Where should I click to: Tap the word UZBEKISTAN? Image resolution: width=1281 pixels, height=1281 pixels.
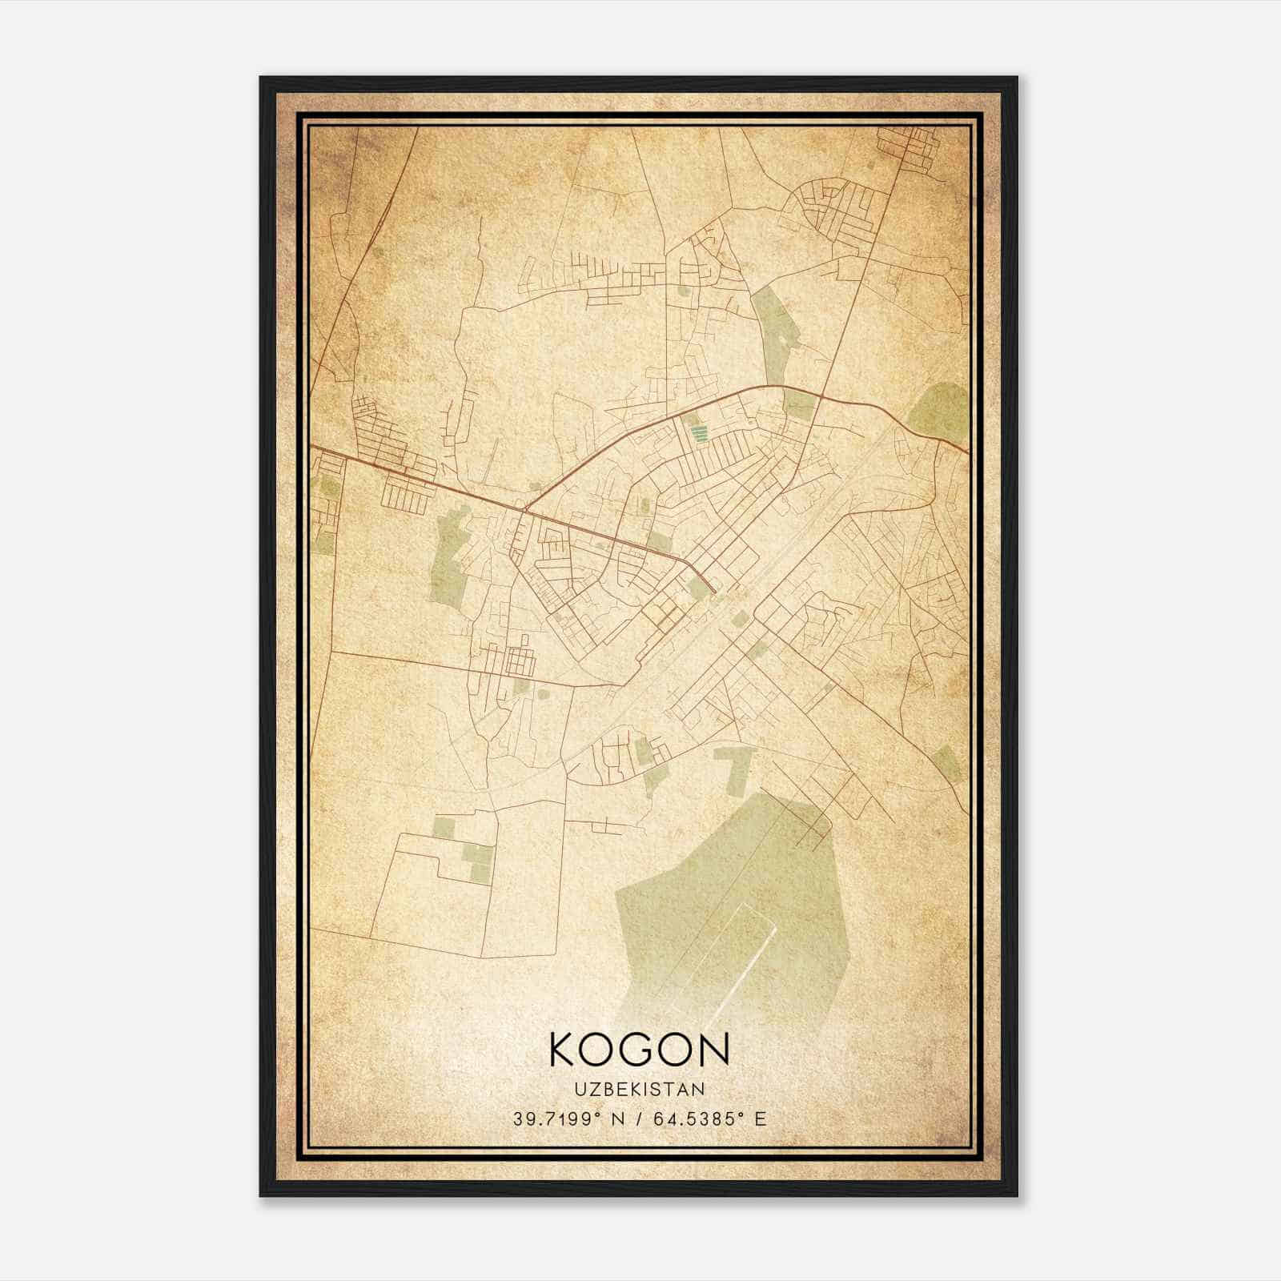click(x=639, y=1090)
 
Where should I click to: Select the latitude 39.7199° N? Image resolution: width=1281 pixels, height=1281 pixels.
click(x=566, y=1118)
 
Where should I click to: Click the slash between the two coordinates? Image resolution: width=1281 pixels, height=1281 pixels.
click(x=638, y=1118)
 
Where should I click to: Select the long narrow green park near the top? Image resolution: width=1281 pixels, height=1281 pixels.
click(x=772, y=336)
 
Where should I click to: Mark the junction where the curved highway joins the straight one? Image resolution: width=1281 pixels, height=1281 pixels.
click(x=524, y=508)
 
